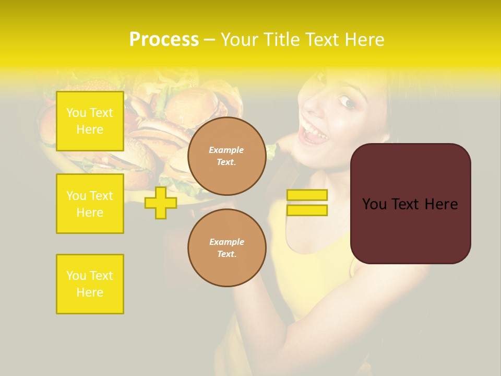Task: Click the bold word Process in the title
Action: pyautogui.click(x=164, y=39)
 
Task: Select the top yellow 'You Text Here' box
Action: pyautogui.click(x=90, y=121)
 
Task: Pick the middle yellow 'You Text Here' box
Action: pyautogui.click(x=90, y=204)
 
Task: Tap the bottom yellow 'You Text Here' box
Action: pyautogui.click(x=90, y=284)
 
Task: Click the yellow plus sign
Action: pyautogui.click(x=161, y=203)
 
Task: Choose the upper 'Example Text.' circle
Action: pyautogui.click(x=227, y=156)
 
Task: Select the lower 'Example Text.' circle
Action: pyautogui.click(x=227, y=248)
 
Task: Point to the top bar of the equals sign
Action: pyautogui.click(x=307, y=195)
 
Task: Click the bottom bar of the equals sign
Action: pyautogui.click(x=307, y=210)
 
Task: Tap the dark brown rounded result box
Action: pyautogui.click(x=411, y=204)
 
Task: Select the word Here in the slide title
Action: pyautogui.click(x=364, y=39)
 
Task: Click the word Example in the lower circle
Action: pyautogui.click(x=226, y=242)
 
